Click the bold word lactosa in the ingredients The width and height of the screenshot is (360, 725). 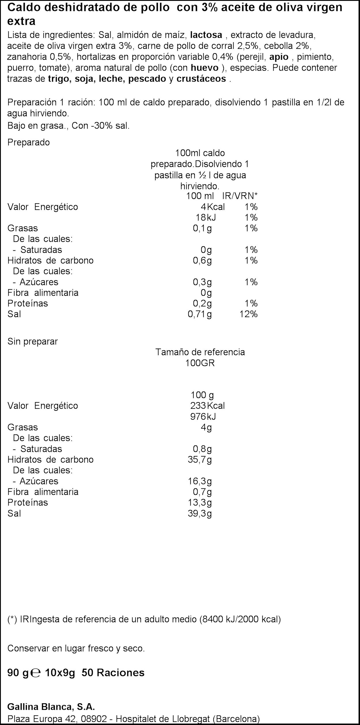point(206,35)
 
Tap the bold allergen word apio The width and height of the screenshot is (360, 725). point(279,57)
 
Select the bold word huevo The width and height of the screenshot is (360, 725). point(204,68)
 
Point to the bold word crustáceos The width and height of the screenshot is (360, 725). point(201,79)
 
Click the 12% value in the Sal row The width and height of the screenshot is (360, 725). point(249,314)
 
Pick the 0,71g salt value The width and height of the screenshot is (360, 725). point(200,314)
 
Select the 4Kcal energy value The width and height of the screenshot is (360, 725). point(213,207)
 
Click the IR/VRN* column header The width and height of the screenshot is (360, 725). point(240,196)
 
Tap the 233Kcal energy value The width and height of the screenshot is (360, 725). point(207,406)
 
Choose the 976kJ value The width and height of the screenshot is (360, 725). point(203,416)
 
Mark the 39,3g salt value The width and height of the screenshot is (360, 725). point(200,513)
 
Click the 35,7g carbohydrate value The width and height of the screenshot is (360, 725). point(200,460)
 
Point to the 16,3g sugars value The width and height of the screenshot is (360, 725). point(200,481)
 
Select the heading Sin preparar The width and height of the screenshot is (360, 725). point(33,342)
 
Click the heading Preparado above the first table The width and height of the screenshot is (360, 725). point(29,143)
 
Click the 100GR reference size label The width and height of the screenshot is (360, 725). point(200,363)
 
